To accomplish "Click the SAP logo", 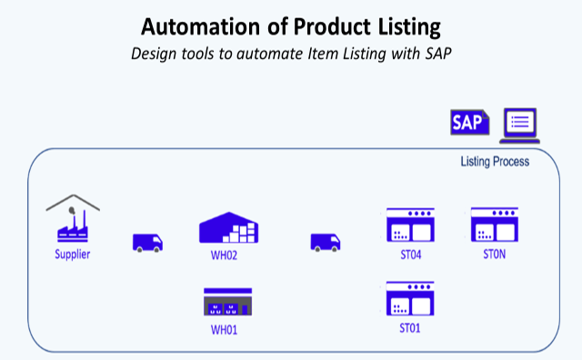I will (469, 123).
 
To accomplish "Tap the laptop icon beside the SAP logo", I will (521, 125).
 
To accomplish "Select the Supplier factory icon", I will (72, 219).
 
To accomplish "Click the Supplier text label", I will (72, 255).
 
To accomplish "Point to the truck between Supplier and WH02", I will (148, 242).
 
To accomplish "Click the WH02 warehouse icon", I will (229, 228).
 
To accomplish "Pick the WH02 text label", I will (224, 255).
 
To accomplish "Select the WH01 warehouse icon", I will (227, 302).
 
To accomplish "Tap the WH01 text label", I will (224, 329).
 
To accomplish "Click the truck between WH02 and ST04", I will (326, 242).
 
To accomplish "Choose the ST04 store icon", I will (410, 225).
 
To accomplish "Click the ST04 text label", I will (410, 255).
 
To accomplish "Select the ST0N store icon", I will (494, 225).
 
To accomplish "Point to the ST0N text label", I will (494, 255).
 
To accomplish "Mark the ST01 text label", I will (410, 328).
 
